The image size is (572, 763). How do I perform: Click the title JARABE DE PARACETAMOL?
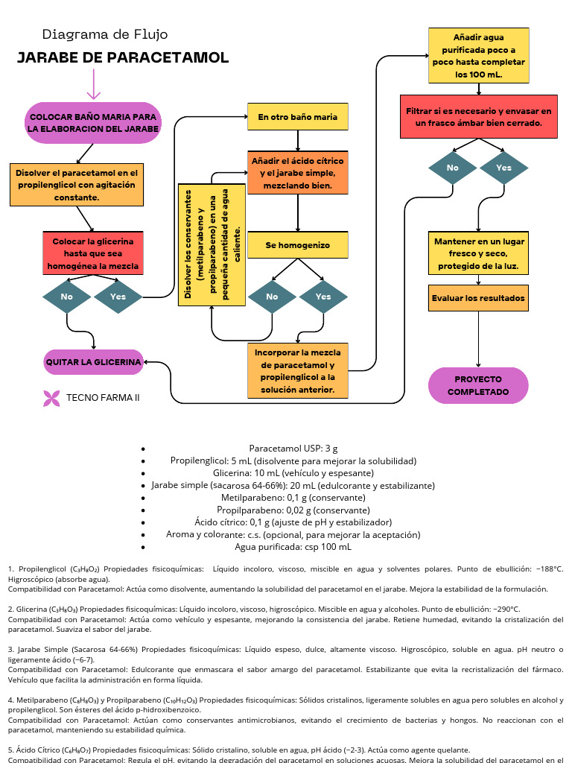(123, 58)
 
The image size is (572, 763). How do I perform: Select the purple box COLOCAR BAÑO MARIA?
(93, 123)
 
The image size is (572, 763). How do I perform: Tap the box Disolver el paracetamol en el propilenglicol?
(77, 185)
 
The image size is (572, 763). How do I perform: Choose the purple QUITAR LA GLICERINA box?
(93, 362)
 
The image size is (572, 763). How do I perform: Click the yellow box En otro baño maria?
(298, 117)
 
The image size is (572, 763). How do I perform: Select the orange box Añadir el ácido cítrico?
(298, 173)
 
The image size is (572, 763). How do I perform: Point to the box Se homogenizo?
(298, 245)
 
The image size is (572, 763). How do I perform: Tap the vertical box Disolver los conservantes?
(212, 245)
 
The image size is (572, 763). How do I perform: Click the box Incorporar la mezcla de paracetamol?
(298, 370)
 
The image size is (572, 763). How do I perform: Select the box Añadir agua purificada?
(478, 56)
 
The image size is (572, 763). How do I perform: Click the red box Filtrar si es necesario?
(478, 116)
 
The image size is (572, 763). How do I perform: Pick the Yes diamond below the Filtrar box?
(504, 168)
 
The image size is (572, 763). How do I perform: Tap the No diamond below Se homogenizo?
(272, 297)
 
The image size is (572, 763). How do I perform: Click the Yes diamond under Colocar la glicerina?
(118, 297)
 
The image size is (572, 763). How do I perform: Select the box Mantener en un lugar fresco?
(478, 253)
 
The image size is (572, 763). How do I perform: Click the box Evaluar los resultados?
(478, 298)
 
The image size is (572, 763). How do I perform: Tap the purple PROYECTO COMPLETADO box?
(478, 385)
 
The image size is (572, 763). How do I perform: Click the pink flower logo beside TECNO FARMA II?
(51, 398)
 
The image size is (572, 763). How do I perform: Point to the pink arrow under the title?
(94, 84)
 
